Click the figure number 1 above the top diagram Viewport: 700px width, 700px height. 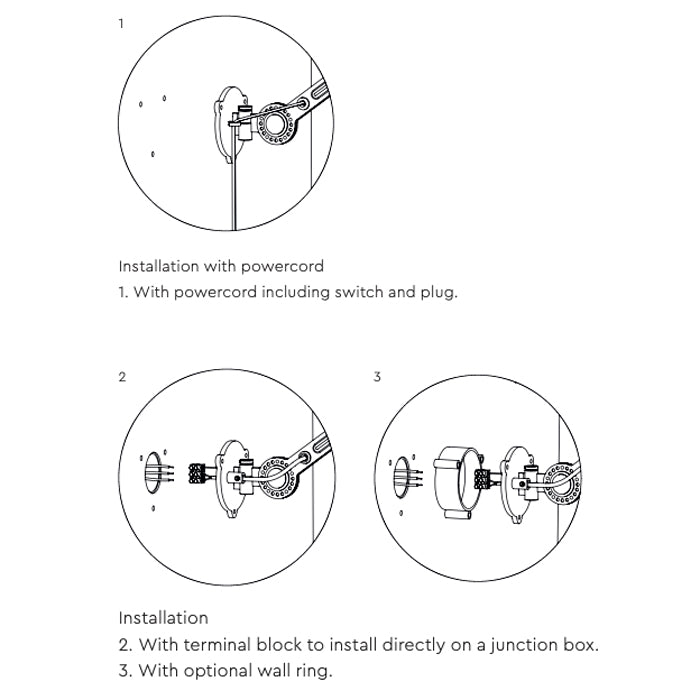click(122, 23)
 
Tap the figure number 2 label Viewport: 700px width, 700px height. click(122, 377)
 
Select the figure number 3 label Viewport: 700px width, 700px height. click(377, 377)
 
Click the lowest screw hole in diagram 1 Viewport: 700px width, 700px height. click(152, 154)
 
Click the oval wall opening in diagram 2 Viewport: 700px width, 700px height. click(153, 472)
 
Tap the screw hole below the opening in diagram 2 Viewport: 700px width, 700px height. click(153, 509)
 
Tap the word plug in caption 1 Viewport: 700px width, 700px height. click(438, 293)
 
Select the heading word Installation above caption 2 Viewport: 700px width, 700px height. click(163, 618)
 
